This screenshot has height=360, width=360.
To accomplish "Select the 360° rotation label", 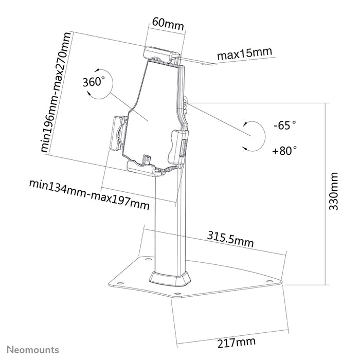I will [94, 81].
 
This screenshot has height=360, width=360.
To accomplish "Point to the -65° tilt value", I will [285, 125].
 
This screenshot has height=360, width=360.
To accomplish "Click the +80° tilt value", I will [285, 151].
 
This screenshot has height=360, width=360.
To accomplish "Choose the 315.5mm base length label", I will [231, 238].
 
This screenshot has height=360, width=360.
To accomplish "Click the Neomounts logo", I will [32, 350].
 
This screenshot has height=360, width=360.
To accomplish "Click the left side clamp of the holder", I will [119, 132].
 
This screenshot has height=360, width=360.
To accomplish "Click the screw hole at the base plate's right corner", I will [269, 281].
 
